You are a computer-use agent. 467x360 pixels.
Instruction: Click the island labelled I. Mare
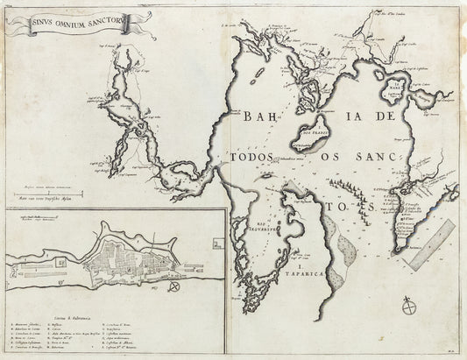pos(396,87)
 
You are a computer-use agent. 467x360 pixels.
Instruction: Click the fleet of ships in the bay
pos(359,188)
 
